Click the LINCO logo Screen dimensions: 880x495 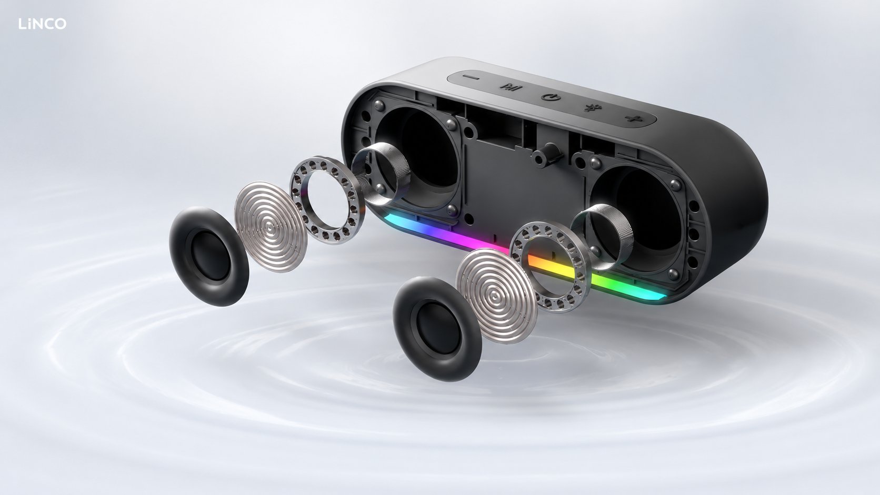pos(43,24)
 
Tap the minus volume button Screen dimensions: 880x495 pos(470,78)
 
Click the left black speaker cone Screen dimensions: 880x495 pos(209,256)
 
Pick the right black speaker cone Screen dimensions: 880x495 pos(437,329)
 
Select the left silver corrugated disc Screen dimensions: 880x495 pos(271,226)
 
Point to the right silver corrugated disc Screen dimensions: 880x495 pos(496,296)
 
